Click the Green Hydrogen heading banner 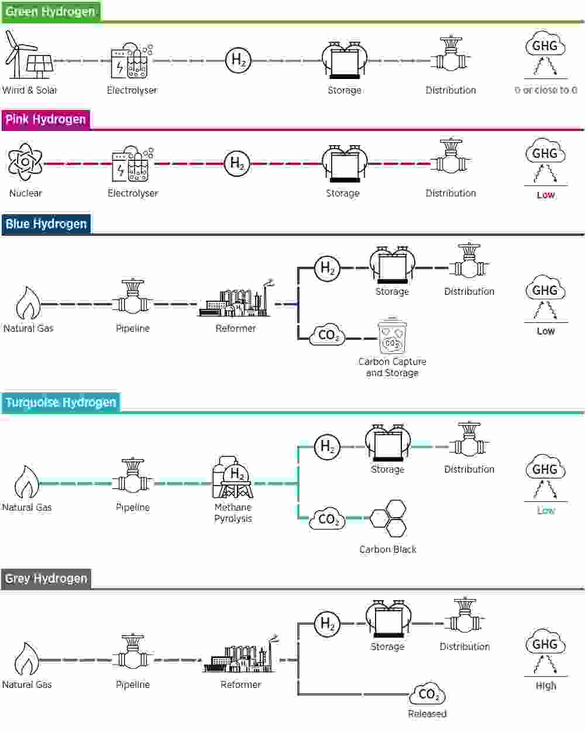(x=51, y=12)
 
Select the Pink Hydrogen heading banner (x=46, y=119)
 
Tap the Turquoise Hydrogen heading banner (x=61, y=402)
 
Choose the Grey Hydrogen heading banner (x=46, y=579)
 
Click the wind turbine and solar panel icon (x=29, y=54)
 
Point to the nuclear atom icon (x=25, y=162)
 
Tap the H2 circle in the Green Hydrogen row (x=238, y=60)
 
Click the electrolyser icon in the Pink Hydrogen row (x=132, y=164)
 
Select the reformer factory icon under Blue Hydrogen (x=236, y=299)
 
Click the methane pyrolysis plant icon (x=232, y=477)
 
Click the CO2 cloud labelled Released (x=427, y=694)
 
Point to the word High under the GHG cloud (x=546, y=685)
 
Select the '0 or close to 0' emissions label (x=546, y=90)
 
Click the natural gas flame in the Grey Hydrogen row (x=26, y=658)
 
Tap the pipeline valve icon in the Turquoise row (x=133, y=476)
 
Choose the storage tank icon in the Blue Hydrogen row (x=393, y=264)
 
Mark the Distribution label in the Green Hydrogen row (x=451, y=90)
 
